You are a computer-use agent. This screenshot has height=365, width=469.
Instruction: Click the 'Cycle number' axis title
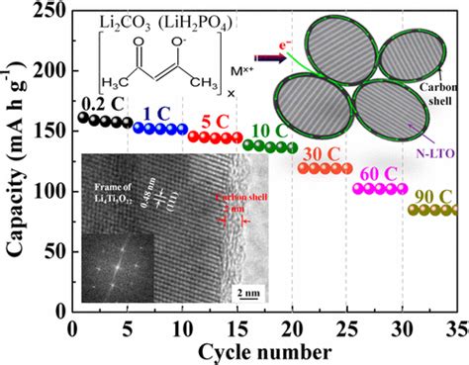[x=262, y=350]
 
